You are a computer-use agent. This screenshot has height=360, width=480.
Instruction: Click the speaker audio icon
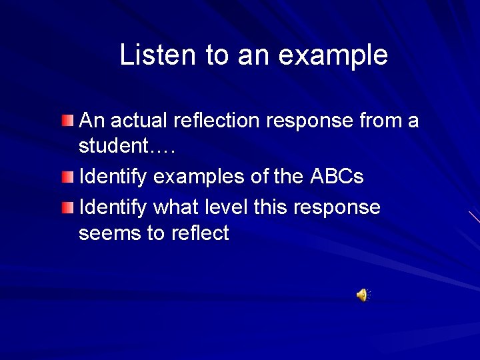click(x=362, y=295)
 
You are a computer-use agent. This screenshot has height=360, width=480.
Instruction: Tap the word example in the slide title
click(x=333, y=56)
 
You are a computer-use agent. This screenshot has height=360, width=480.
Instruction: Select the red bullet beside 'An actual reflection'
click(x=67, y=120)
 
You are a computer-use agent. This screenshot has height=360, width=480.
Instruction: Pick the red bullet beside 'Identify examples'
click(x=67, y=177)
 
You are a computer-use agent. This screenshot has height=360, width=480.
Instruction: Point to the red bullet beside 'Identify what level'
click(x=67, y=207)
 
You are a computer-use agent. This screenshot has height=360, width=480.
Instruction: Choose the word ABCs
click(x=337, y=177)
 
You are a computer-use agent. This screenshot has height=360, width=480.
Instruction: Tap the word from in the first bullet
click(x=382, y=121)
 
